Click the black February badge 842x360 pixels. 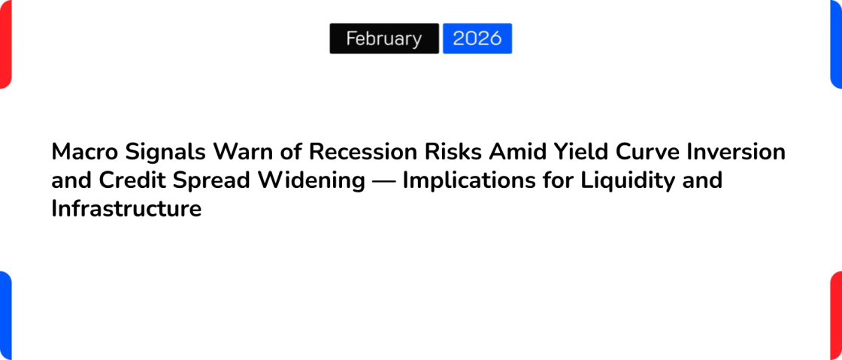384,38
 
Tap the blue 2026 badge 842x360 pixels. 477,38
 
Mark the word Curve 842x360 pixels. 647,152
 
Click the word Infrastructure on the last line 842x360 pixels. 126,209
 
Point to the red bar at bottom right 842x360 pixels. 836,316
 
